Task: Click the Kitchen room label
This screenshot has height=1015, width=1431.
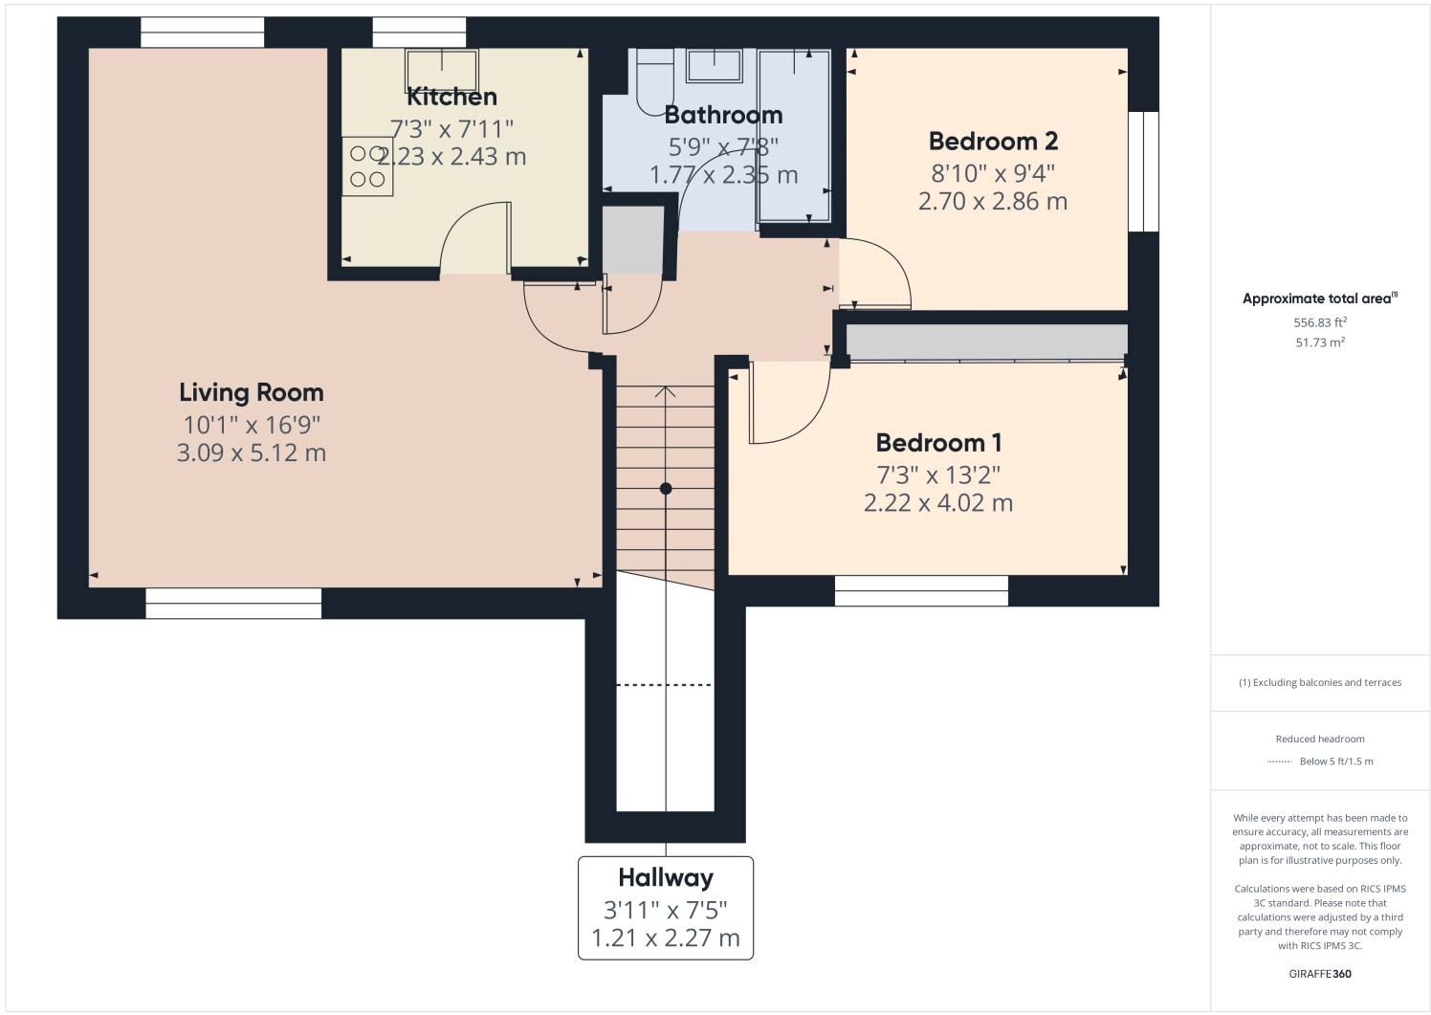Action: pyautogui.click(x=451, y=97)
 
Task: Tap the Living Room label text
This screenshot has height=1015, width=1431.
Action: pyautogui.click(x=252, y=392)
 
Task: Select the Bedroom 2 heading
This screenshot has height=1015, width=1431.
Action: pyautogui.click(x=993, y=142)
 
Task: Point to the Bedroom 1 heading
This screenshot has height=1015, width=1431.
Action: pyautogui.click(x=938, y=443)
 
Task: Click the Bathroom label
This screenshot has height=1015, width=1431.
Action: pyautogui.click(x=723, y=115)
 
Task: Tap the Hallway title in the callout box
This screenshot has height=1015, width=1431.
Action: pyautogui.click(x=666, y=877)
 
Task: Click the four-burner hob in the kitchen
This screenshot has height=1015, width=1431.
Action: pyautogui.click(x=367, y=166)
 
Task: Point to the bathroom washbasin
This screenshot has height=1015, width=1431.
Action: pyautogui.click(x=714, y=66)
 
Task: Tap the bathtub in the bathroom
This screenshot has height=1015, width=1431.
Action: pyautogui.click(x=793, y=134)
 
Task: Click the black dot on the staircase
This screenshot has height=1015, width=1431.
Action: pyautogui.click(x=666, y=489)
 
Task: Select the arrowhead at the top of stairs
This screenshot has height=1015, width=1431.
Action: pyautogui.click(x=666, y=390)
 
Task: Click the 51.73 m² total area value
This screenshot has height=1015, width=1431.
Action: pyautogui.click(x=1320, y=342)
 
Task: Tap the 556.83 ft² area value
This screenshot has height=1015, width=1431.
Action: pyautogui.click(x=1320, y=323)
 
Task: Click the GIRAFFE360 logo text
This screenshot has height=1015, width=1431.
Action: pyautogui.click(x=1320, y=974)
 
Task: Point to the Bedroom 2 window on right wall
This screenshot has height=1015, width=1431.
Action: pyautogui.click(x=1143, y=171)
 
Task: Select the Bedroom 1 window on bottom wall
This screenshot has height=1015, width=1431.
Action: pyautogui.click(x=921, y=590)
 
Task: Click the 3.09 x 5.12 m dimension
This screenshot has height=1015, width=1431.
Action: pyautogui.click(x=252, y=452)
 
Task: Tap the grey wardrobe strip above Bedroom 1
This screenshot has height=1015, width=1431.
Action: pyautogui.click(x=985, y=342)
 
